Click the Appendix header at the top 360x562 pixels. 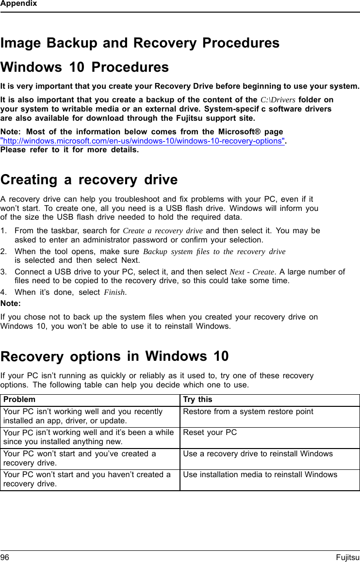18,4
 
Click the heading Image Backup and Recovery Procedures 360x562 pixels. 140,43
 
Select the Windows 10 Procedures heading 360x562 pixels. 85,67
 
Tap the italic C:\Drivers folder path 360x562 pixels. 278,100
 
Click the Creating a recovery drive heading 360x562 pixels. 89,180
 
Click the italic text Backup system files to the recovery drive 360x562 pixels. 214,252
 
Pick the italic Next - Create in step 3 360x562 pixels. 252,272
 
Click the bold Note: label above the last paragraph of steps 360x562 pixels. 11,304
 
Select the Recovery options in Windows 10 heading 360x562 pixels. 115,356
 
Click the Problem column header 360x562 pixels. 19,400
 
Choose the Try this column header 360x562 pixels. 197,400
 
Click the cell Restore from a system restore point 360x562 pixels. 248,412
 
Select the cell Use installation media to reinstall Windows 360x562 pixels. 260,474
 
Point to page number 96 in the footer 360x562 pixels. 5,558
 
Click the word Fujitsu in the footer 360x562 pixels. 347,558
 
